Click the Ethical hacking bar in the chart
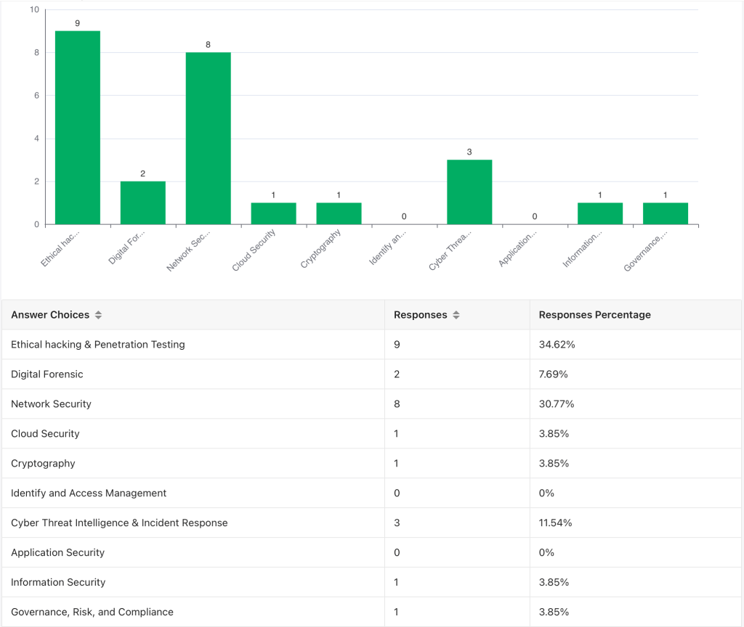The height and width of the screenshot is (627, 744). coord(78,128)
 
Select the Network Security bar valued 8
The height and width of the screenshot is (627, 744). coord(208,138)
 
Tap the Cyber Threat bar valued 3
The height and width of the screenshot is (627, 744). coord(469,192)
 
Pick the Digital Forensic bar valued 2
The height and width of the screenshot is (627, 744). coord(143,203)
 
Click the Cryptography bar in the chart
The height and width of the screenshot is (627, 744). coord(339,213)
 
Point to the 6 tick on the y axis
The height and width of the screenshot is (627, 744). coord(36,96)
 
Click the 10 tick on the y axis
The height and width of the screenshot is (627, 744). coord(34,10)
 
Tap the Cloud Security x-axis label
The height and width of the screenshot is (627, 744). coord(254,250)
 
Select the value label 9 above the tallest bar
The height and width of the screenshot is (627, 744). coord(78,24)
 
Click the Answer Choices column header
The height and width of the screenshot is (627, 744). coord(50,315)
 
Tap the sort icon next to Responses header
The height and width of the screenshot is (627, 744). coord(456,315)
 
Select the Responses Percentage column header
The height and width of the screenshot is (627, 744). coord(594,315)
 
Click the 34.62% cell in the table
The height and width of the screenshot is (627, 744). coord(557,345)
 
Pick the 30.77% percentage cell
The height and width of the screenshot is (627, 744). coord(557,404)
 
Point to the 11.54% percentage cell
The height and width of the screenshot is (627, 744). coord(557,523)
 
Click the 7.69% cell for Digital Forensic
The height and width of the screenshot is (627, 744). coord(554,374)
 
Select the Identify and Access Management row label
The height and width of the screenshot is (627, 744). coord(89,493)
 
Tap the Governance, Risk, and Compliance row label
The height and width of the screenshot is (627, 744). coord(92,612)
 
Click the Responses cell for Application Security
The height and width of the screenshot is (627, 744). coord(397,553)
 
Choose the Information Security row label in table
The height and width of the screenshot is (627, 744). coord(58,583)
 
